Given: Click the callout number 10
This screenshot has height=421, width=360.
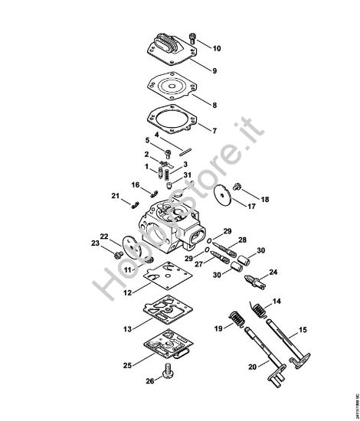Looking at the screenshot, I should click(217, 48).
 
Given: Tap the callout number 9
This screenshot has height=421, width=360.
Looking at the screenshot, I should click(215, 71).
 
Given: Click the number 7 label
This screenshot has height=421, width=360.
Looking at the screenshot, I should click(214, 132).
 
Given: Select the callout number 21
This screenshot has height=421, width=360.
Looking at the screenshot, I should click(114, 197).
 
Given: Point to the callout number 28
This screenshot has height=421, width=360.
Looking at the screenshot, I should click(242, 240).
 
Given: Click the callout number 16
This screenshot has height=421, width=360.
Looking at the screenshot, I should click(135, 184).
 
